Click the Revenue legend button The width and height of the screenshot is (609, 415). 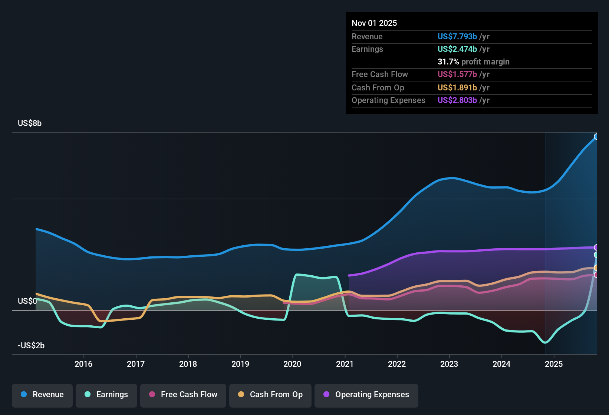click(x=42, y=395)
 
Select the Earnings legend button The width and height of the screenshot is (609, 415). click(x=106, y=395)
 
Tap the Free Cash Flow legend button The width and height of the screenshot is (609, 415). click(x=183, y=395)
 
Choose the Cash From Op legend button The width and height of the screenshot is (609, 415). click(x=270, y=395)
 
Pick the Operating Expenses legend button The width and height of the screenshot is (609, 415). click(x=366, y=395)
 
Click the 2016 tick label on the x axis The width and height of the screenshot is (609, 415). click(x=83, y=364)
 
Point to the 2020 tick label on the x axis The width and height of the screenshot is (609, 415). click(x=292, y=364)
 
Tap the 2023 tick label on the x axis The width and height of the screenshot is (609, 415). click(x=449, y=364)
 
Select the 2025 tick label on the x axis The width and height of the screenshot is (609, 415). click(x=554, y=364)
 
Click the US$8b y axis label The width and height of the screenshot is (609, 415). click(x=30, y=123)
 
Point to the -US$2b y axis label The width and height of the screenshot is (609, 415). click(x=31, y=346)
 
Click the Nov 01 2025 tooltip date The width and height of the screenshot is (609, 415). click(x=374, y=23)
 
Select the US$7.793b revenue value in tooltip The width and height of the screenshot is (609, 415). click(x=457, y=37)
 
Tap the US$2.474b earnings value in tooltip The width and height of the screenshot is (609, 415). click(x=457, y=49)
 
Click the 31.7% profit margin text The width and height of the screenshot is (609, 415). click(x=473, y=62)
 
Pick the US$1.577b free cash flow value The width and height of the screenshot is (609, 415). click(x=457, y=74)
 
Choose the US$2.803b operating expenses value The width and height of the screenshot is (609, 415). click(x=457, y=100)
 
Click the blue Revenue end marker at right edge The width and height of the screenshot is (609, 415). click(x=596, y=137)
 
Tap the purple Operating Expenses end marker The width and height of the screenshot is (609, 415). click(x=596, y=248)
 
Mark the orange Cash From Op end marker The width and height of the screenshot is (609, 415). click(x=596, y=268)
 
